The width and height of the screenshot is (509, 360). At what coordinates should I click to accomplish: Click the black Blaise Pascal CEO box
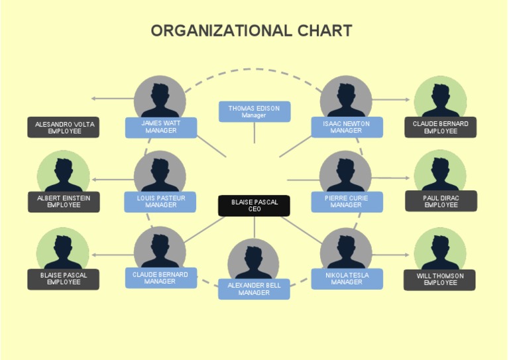tap(254, 206)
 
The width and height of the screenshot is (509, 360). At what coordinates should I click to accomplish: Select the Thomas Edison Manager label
tap(254, 111)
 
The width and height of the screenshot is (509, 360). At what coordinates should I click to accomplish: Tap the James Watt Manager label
tap(160, 127)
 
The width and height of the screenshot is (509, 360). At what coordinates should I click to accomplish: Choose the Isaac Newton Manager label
tap(347, 127)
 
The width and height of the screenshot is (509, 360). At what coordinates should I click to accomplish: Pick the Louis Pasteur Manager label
tap(160, 202)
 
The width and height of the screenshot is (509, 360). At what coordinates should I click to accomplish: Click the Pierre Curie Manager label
tap(347, 202)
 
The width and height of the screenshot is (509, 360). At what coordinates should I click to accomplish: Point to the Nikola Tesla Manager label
tap(347, 278)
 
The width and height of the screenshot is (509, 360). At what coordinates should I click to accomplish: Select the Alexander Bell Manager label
tap(254, 289)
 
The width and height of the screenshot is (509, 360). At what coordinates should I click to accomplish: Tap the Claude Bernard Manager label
tap(160, 278)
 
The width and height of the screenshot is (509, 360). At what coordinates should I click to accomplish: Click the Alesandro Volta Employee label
tap(64, 127)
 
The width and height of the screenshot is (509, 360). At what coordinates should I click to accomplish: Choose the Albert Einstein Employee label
tap(64, 202)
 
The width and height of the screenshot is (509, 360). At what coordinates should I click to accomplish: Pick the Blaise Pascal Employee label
tap(64, 278)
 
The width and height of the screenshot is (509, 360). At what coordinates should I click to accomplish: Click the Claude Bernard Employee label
tap(441, 127)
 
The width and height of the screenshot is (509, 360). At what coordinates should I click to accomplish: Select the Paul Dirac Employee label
tap(441, 202)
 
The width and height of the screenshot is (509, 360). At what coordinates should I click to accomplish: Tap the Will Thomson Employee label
tap(440, 279)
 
